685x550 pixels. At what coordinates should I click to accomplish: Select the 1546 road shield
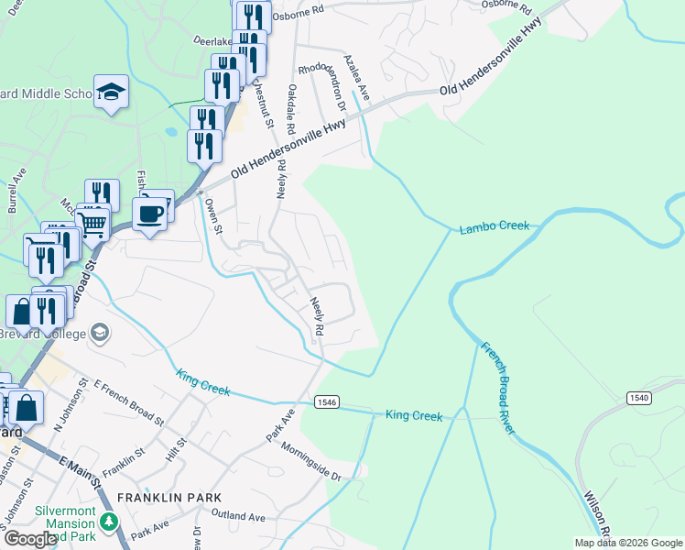click(x=328, y=402)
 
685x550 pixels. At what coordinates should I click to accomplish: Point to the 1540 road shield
click(x=640, y=397)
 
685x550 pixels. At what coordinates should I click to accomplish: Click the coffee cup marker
click(x=149, y=214)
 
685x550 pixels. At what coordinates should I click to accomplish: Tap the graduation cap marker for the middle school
click(x=111, y=92)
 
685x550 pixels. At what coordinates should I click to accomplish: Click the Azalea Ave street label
click(x=355, y=77)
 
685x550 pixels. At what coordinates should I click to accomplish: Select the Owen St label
click(x=214, y=216)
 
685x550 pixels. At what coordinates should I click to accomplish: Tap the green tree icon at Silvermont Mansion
click(x=110, y=522)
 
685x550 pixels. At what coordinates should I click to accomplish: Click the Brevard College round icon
click(x=100, y=333)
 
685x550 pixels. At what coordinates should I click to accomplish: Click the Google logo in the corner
click(x=30, y=539)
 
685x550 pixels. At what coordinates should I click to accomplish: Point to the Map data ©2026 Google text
click(x=627, y=543)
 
